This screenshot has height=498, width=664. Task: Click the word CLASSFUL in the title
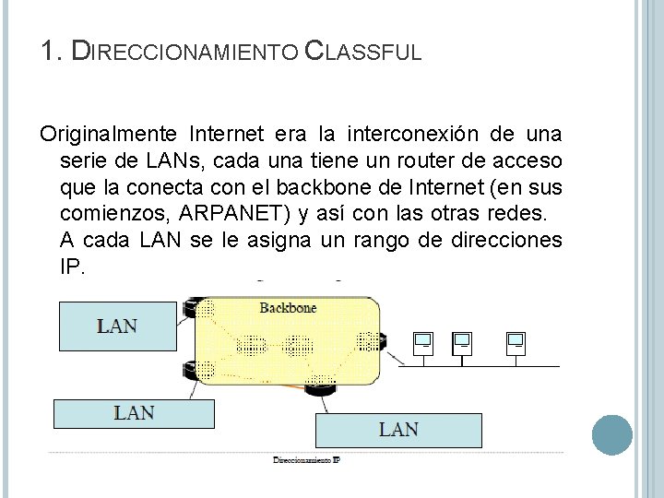[362, 51]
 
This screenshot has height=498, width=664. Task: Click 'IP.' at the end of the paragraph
[71, 267]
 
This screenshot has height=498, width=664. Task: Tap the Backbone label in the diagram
[288, 307]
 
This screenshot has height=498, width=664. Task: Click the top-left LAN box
[117, 326]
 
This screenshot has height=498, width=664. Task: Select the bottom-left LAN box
[134, 412]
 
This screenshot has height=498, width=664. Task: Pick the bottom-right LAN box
[398, 429]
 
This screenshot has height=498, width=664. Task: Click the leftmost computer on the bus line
[422, 342]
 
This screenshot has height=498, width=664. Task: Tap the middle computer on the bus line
[462, 342]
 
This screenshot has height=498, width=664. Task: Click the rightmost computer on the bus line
[515, 342]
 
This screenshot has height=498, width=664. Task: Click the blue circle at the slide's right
[611, 434]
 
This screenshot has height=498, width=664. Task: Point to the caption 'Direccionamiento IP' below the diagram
[306, 459]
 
